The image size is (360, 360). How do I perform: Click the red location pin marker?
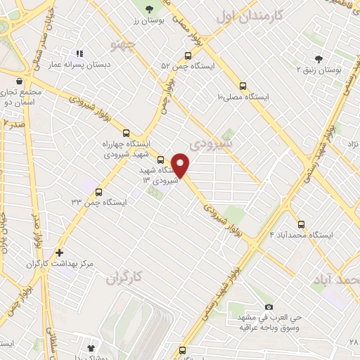coord(181,165)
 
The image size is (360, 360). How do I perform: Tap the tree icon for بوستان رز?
coord(149,8)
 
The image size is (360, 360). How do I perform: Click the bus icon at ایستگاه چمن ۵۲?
coord(188,56)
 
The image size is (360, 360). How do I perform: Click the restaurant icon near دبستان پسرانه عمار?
coord(79,53)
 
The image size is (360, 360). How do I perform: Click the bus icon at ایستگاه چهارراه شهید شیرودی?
coord(127,132)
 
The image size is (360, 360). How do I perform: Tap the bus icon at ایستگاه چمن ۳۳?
coord(98,191)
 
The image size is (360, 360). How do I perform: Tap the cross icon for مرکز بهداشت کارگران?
coord(60,252)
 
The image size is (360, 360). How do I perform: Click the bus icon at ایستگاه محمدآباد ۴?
coord(302,224)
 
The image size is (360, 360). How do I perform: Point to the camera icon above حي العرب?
coord(269,307)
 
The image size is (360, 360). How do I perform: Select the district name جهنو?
coord(120,47)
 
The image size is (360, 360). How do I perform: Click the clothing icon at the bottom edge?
coord(90,348)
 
